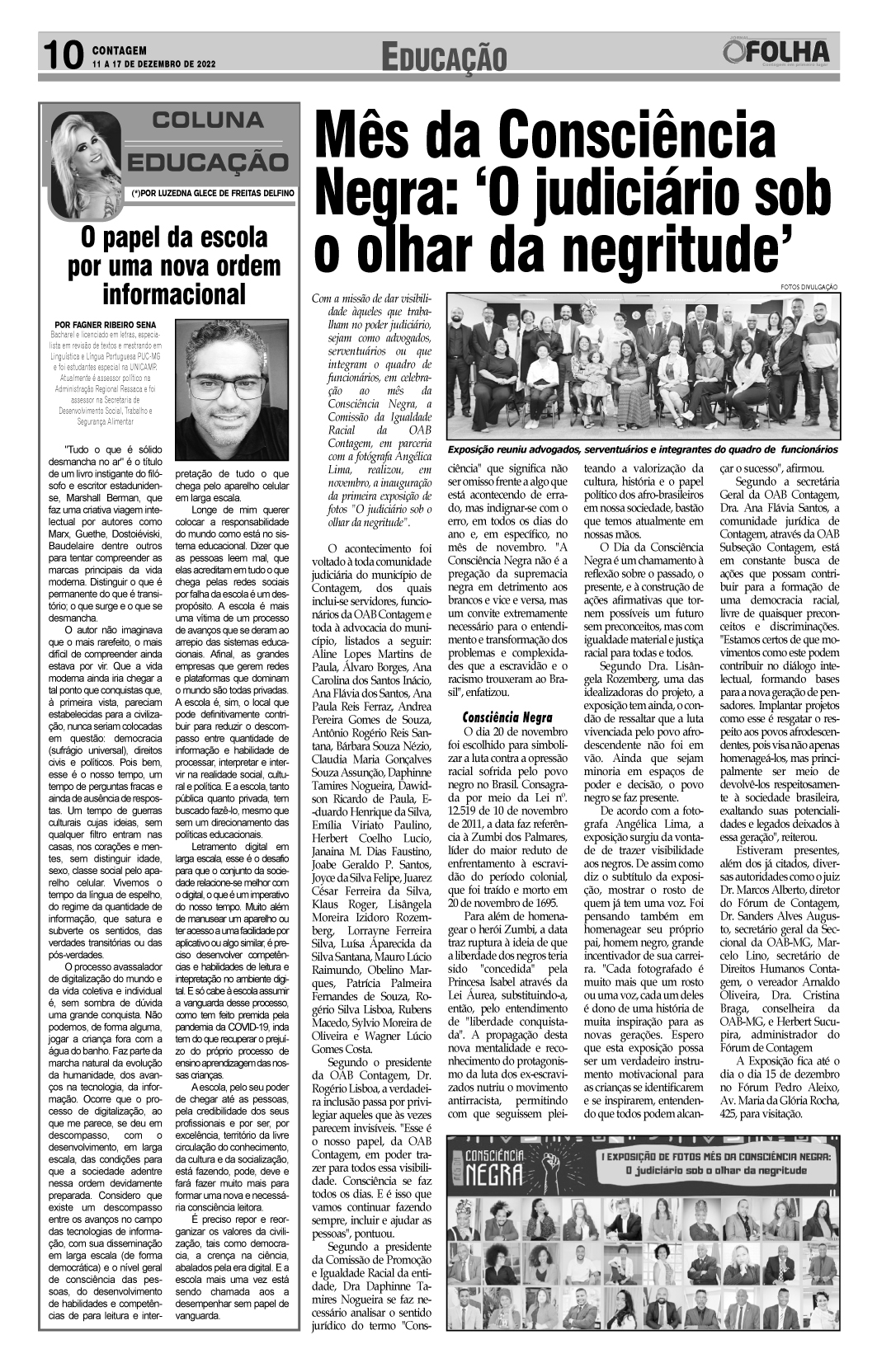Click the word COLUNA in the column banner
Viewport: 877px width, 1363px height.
click(207, 120)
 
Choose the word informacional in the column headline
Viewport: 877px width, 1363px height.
click(173, 294)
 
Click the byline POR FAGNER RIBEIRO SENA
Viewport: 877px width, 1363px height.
click(104, 325)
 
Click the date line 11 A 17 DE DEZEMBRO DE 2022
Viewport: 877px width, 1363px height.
click(154, 63)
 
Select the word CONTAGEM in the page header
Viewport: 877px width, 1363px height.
click(120, 50)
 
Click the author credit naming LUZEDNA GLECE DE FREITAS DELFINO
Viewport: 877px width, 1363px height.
click(211, 193)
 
